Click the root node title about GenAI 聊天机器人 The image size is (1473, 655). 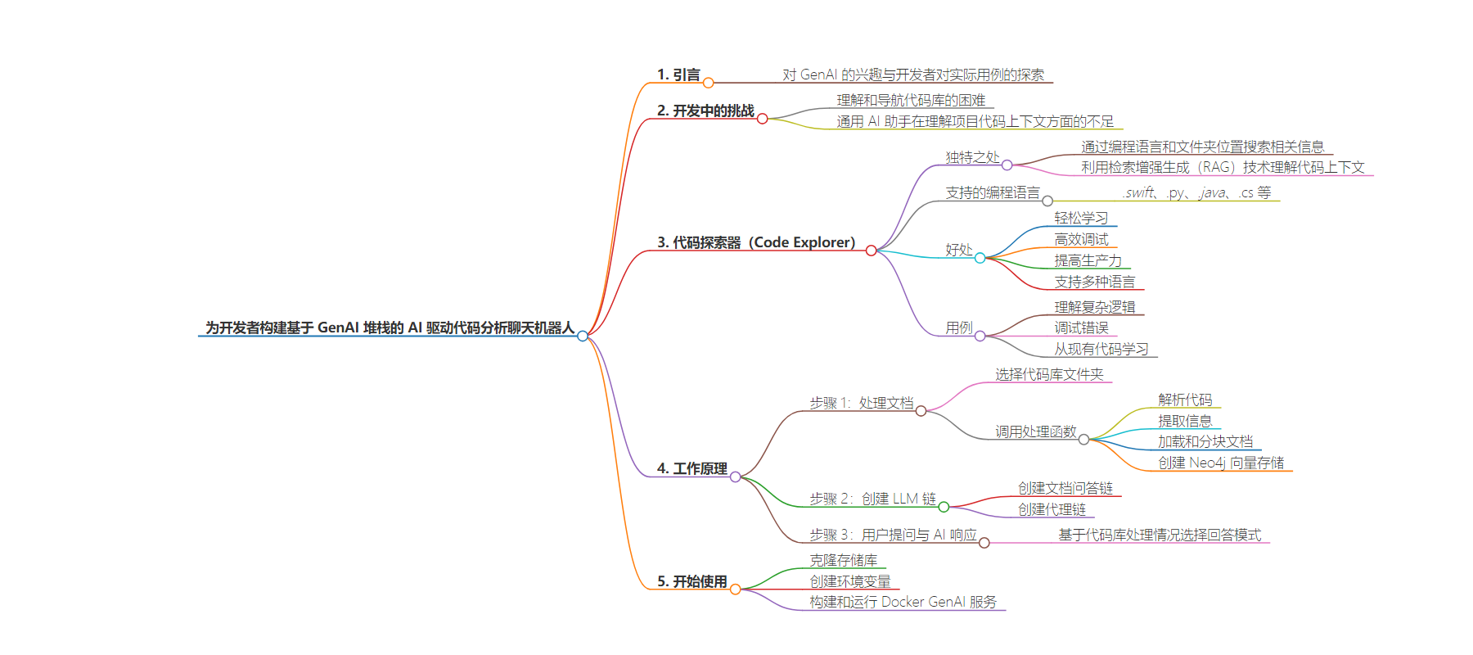click(x=390, y=327)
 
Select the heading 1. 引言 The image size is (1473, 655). click(x=678, y=75)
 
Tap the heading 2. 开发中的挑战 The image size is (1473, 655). click(x=705, y=111)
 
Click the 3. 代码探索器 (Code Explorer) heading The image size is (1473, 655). click(x=756, y=242)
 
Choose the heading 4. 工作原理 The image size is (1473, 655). click(x=691, y=468)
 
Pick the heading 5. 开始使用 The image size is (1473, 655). click(x=691, y=581)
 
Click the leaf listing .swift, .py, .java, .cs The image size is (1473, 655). click(x=1197, y=192)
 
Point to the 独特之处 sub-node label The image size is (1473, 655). click(x=972, y=157)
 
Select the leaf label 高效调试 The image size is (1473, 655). click(x=1081, y=239)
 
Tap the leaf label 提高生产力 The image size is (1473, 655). click(x=1088, y=260)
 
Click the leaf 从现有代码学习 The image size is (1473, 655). click(x=1101, y=349)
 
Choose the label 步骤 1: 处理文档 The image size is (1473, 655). click(x=861, y=403)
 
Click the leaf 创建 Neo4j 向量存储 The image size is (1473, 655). click(x=1221, y=463)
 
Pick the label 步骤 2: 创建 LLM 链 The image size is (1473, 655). click(x=872, y=499)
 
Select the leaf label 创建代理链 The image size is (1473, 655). click(x=1052, y=509)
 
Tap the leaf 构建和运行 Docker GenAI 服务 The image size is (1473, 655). click(x=903, y=602)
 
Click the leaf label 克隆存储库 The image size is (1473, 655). click(x=843, y=560)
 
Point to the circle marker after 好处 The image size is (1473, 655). click(x=980, y=258)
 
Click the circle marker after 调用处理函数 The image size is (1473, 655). click(x=1083, y=440)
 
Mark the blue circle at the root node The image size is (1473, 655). click(x=583, y=336)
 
